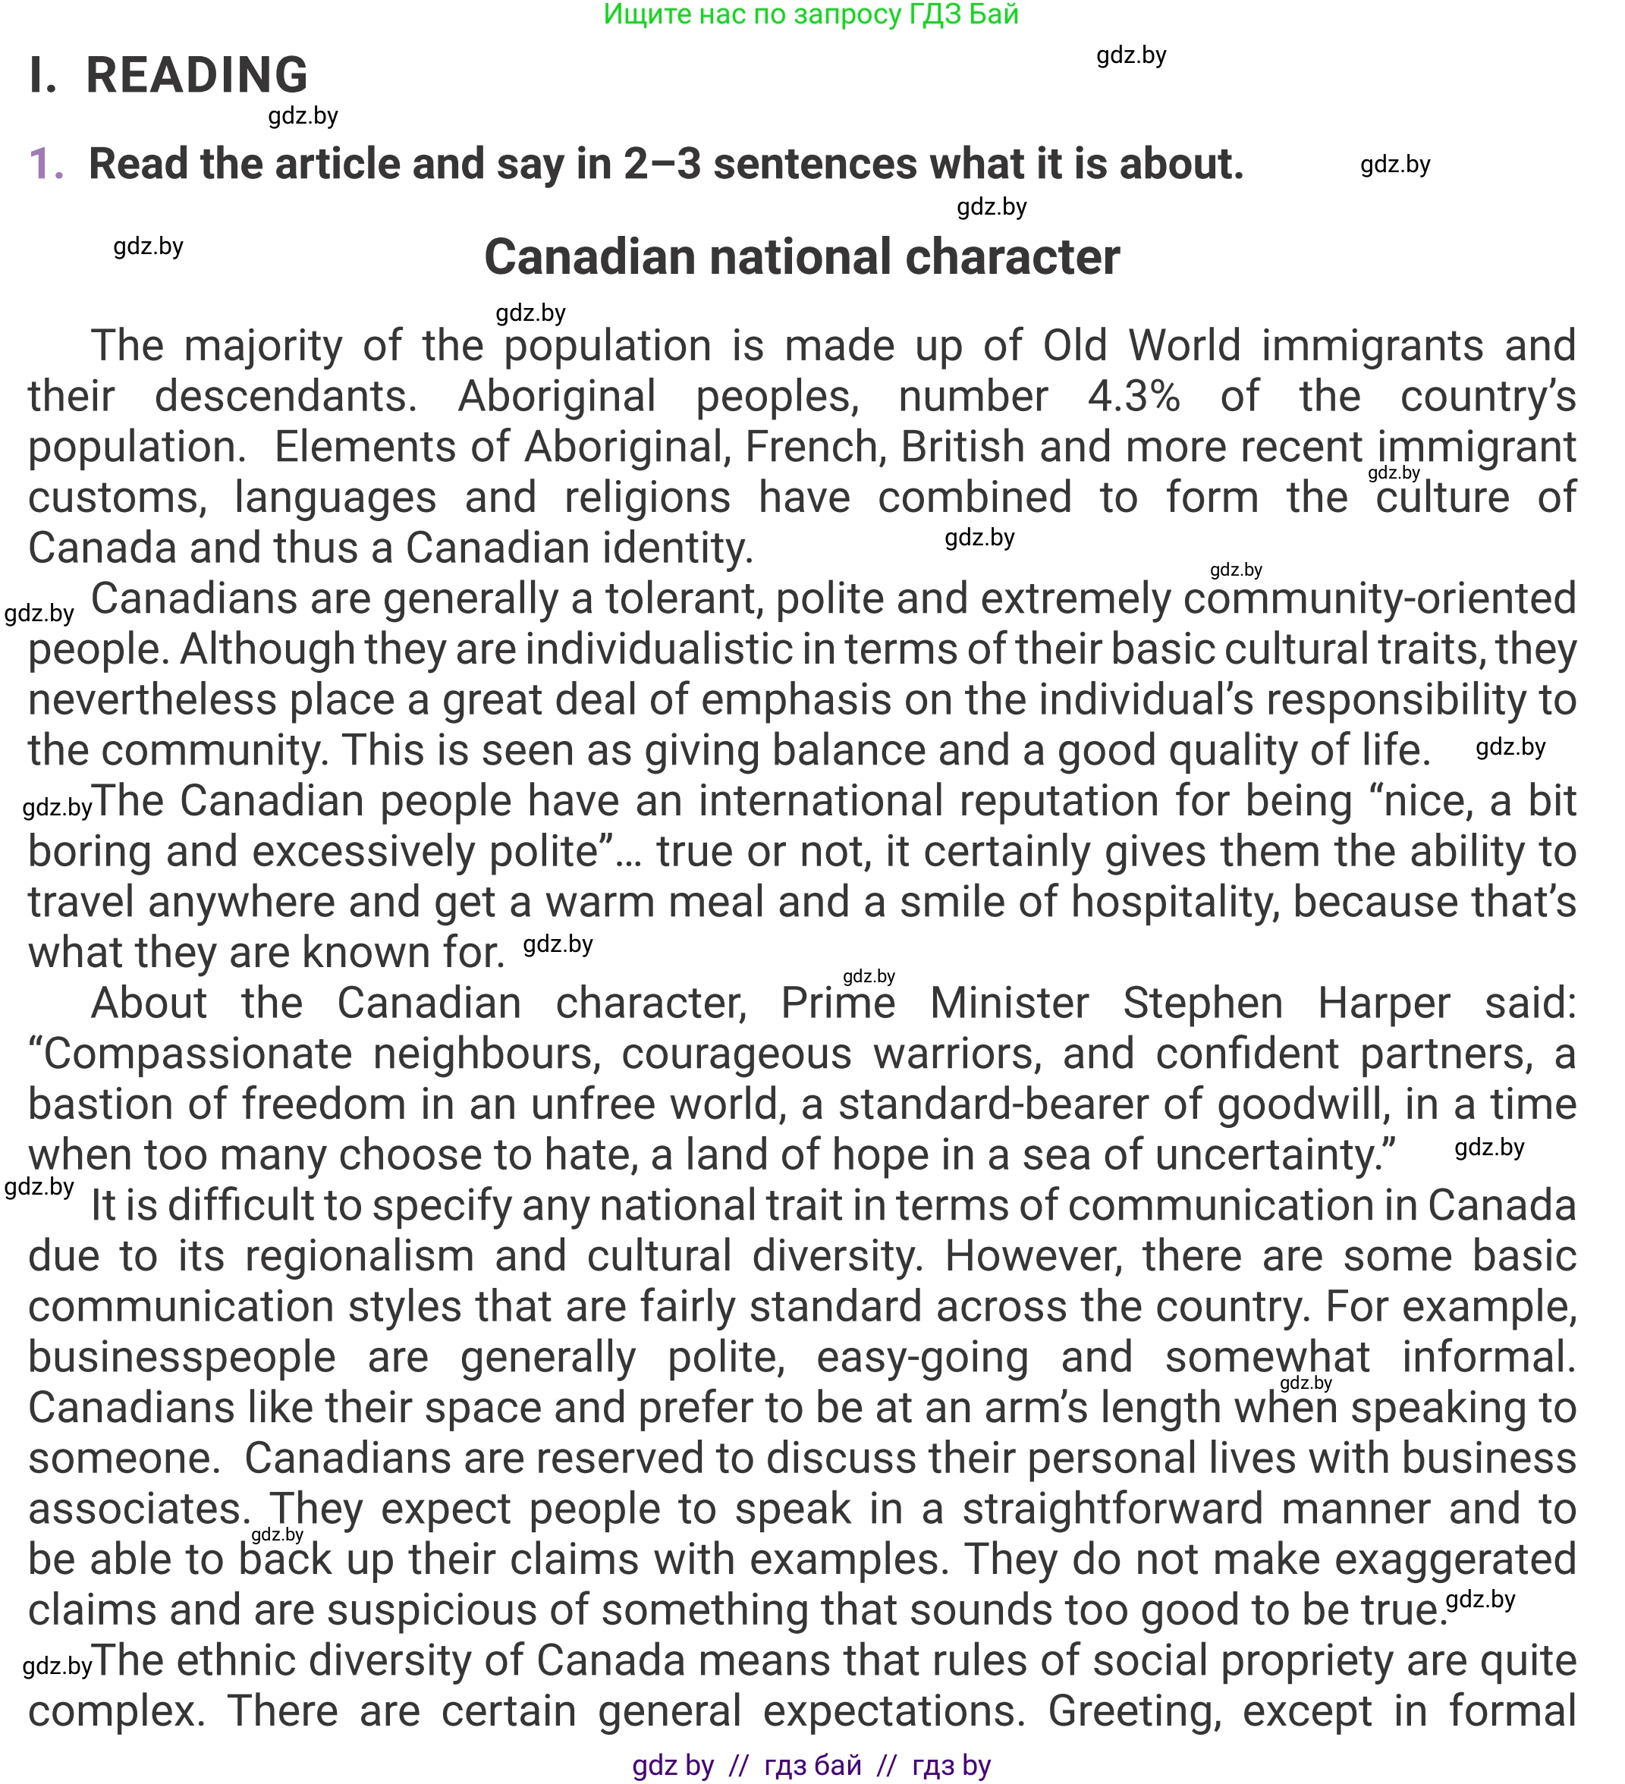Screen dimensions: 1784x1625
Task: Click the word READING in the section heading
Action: tap(196, 75)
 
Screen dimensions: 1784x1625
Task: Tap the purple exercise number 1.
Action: tap(46, 165)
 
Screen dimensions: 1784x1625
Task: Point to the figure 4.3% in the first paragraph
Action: tap(1133, 397)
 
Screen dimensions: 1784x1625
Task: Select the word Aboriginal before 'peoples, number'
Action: tap(556, 397)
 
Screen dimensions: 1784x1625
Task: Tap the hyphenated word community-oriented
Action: tap(1379, 599)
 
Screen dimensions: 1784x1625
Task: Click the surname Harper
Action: tap(1384, 1003)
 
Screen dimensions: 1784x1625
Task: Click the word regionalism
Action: tap(360, 1257)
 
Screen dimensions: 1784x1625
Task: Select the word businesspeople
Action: tap(181, 1358)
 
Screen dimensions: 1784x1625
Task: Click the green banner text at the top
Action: tap(811, 14)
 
